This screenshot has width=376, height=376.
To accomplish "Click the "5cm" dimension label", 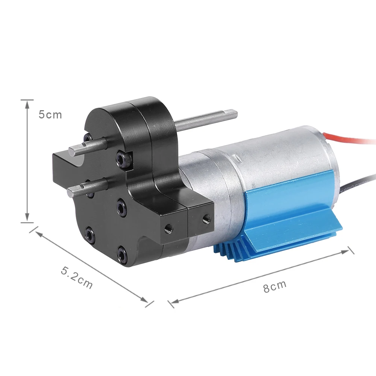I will click(50, 114).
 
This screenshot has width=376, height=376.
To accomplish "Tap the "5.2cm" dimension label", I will click(77, 277).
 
